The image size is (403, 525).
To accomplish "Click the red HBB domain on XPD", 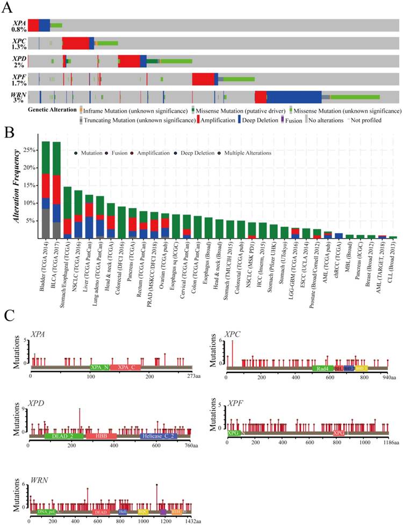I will coord(101,436).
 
